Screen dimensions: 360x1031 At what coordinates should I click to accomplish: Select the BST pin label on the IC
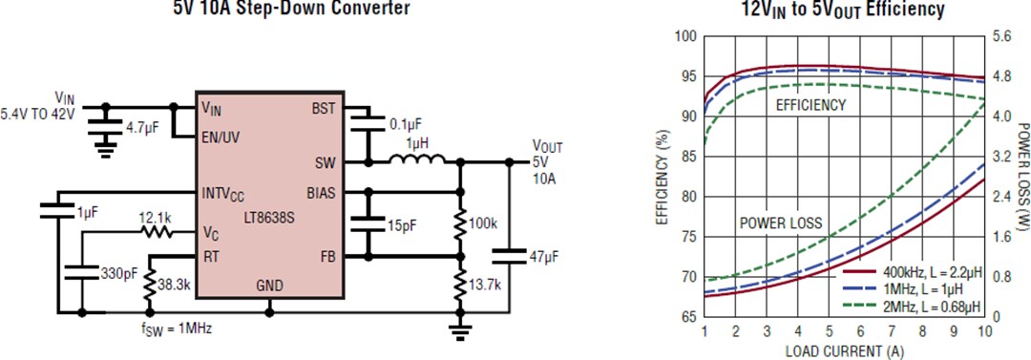(x=323, y=109)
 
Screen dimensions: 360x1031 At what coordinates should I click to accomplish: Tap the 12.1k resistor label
(x=156, y=218)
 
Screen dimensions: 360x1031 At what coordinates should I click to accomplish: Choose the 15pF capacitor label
(x=400, y=225)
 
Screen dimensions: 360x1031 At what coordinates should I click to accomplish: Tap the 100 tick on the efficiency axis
(x=684, y=36)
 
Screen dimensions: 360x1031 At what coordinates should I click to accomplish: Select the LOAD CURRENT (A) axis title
(x=846, y=349)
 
